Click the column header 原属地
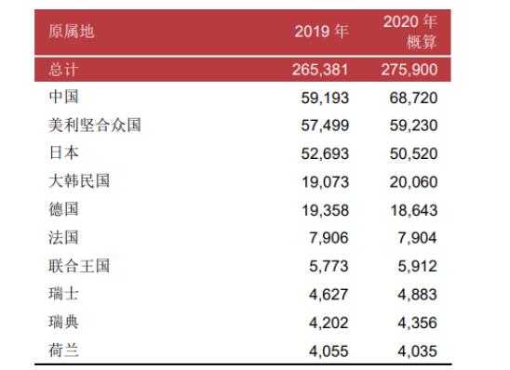pyautogui.click(x=72, y=32)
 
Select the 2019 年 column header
pyautogui.click(x=322, y=32)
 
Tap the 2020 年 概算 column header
pyautogui.click(x=410, y=32)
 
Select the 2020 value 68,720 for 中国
pyautogui.click(x=409, y=98)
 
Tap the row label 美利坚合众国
pyautogui.click(x=94, y=125)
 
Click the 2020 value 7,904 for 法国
pyautogui.click(x=413, y=239)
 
